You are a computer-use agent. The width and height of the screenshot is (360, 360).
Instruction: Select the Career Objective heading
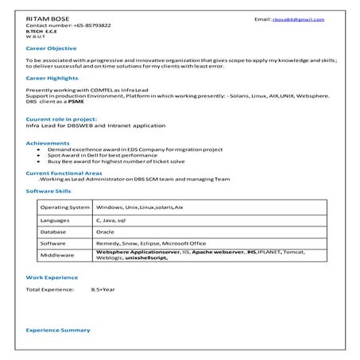pos(52,48)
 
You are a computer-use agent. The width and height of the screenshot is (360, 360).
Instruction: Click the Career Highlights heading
pos(53,79)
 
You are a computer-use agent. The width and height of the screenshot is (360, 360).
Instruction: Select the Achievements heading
pos(49,143)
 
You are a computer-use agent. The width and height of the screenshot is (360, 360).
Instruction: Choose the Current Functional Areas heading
pos(64,172)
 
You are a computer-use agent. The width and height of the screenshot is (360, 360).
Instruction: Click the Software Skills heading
pos(48,192)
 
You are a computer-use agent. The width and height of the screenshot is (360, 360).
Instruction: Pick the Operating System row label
pos(64,207)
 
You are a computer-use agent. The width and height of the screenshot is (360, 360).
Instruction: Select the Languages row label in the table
pos(55,219)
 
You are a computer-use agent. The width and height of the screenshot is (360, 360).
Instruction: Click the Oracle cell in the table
pos(104,230)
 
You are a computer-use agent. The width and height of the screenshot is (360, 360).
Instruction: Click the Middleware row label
pos(57,256)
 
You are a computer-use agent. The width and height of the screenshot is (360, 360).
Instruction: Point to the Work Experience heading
pos(52,277)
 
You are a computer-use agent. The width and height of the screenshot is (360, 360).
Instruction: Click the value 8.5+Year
pos(103,290)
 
